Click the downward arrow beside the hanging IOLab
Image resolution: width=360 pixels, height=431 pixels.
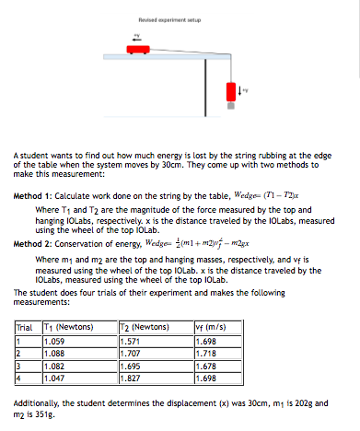pyautogui.click(x=239, y=90)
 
